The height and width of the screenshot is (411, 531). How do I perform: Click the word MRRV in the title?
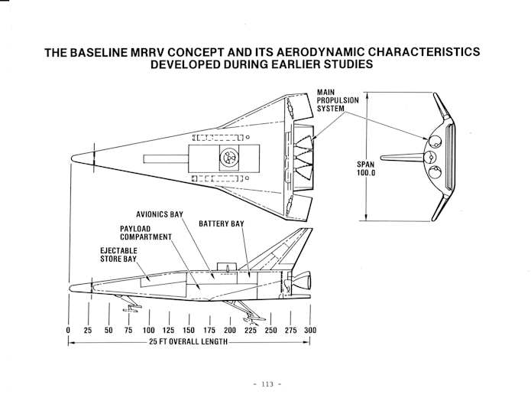[x=148, y=52]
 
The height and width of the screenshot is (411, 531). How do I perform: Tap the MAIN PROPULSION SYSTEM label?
[x=337, y=100]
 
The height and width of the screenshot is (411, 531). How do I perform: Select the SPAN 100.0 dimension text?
[x=366, y=168]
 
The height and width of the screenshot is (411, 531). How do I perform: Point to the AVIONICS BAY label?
[x=160, y=214]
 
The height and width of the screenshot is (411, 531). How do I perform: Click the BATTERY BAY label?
[x=221, y=223]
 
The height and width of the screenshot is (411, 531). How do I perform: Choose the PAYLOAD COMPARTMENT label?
[x=146, y=233]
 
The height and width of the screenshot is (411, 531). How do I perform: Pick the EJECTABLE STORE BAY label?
[x=118, y=255]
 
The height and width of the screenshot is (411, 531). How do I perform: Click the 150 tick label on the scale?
[x=189, y=331]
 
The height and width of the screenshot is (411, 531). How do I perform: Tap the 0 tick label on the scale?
[x=68, y=331]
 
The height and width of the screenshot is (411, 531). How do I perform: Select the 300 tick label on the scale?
[x=310, y=331]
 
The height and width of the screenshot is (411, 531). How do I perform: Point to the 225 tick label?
[x=251, y=331]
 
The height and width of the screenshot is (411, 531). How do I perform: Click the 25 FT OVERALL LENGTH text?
[x=188, y=341]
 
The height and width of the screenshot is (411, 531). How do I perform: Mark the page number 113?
[x=267, y=384]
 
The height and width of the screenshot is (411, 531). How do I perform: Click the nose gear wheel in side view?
[x=132, y=309]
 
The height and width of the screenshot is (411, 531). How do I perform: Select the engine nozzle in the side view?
[x=303, y=281]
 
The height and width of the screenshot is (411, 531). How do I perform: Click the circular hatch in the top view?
[x=229, y=158]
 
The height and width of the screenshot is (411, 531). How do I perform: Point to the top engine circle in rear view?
[x=435, y=142]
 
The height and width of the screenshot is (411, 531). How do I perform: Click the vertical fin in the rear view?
[x=402, y=158]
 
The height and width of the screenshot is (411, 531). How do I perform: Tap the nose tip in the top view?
[x=72, y=158]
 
